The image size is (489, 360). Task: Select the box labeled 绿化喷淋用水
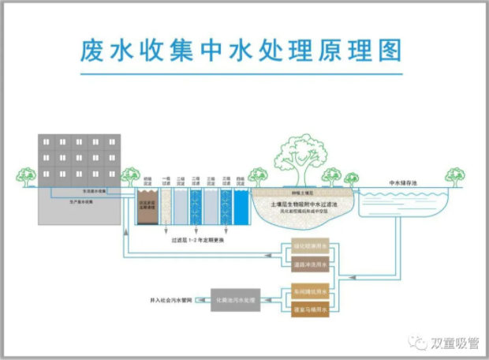pos(308,246)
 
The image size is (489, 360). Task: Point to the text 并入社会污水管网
pos(170,301)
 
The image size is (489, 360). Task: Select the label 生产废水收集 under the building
pos(82,202)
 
